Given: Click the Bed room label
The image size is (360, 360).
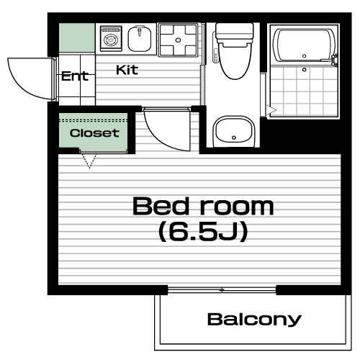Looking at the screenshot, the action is (x=203, y=206).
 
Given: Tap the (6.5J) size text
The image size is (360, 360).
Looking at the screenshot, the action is (x=203, y=232).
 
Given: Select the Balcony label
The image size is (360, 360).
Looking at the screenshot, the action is (x=254, y=320).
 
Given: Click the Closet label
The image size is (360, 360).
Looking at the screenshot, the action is (x=94, y=133).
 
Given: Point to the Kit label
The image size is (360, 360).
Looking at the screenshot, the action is (x=127, y=70).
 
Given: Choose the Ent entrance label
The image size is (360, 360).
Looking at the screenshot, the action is (x=75, y=76).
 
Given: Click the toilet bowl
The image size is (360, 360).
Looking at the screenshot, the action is (x=235, y=60).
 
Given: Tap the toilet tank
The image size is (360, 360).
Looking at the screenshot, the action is (x=235, y=31).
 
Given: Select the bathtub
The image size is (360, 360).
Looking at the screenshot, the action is (x=305, y=45).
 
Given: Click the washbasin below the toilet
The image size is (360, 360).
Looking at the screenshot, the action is (x=234, y=132).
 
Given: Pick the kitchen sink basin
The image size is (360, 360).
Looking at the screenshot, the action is (x=139, y=38).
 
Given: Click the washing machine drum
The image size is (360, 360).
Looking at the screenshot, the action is (x=111, y=39).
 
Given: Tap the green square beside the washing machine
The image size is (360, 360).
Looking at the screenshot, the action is (x=77, y=37).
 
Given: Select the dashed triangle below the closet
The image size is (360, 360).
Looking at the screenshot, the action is (x=89, y=161).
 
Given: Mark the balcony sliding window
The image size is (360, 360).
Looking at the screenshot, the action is (x=222, y=290).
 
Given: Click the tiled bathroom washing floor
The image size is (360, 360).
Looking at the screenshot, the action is (x=305, y=91).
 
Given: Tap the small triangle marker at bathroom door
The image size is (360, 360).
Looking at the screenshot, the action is (x=272, y=110).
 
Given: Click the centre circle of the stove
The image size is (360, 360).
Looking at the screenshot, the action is (x=178, y=40).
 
